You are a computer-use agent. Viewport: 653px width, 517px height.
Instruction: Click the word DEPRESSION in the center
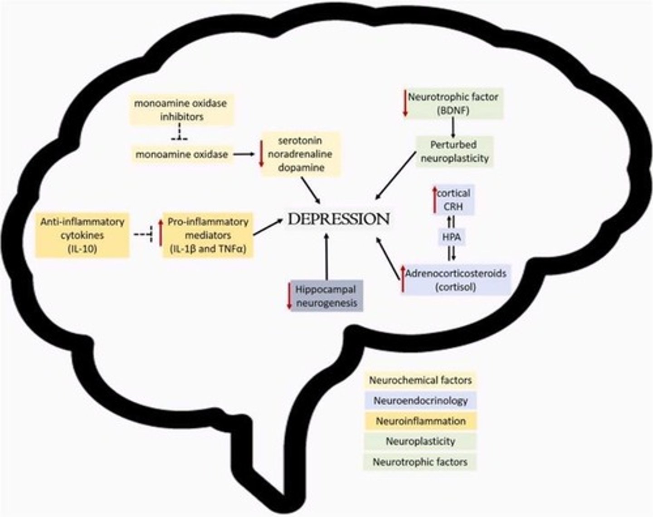(339, 219)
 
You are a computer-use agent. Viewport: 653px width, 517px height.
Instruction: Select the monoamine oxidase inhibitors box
(181, 110)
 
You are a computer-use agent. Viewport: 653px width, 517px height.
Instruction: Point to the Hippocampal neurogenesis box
(326, 296)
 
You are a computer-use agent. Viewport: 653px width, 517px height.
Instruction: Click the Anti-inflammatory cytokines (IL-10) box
(82, 235)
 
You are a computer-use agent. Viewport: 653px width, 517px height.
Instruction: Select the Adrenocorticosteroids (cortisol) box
(456, 280)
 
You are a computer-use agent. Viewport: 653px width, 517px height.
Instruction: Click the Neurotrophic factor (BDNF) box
(453, 103)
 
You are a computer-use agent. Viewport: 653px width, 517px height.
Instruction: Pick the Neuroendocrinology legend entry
(420, 401)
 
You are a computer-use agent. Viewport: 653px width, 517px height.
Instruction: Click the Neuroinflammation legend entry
(420, 421)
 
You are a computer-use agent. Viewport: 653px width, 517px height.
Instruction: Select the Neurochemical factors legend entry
(420, 380)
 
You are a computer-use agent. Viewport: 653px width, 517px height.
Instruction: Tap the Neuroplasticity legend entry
(420, 441)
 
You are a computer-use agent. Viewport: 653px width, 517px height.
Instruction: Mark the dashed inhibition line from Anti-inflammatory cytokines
(145, 234)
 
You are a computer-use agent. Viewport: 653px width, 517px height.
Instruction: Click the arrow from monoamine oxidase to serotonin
(244, 154)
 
